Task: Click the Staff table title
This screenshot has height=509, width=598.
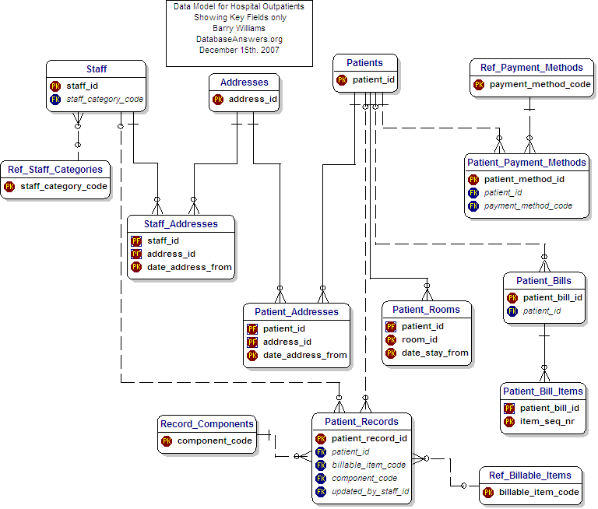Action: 97,69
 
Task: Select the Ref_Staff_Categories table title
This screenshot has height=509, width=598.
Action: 55,169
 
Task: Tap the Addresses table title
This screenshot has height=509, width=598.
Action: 244,82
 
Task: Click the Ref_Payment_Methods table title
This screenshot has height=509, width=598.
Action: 532,68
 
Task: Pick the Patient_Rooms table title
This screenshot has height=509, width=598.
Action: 426,309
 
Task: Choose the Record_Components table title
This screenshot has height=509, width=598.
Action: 207,424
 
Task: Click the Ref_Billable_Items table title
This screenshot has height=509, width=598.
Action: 530,475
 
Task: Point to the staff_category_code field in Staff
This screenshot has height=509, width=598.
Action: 104,100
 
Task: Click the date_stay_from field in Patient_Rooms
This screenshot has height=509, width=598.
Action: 434,353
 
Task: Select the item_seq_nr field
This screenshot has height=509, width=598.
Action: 548,421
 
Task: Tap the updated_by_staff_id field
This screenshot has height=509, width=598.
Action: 370,491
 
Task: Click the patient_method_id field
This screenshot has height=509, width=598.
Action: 524,179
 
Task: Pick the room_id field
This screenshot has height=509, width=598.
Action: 420,339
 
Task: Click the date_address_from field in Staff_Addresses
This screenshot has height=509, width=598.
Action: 189,267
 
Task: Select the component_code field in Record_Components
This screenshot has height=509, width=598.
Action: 214,441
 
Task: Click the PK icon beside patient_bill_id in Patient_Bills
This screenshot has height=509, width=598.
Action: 512,297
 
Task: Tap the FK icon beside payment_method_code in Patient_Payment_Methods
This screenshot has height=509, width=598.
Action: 473,206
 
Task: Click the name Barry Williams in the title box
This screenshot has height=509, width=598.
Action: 239,28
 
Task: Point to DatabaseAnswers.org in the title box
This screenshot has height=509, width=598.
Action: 239,39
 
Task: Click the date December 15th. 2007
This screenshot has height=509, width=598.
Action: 239,50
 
